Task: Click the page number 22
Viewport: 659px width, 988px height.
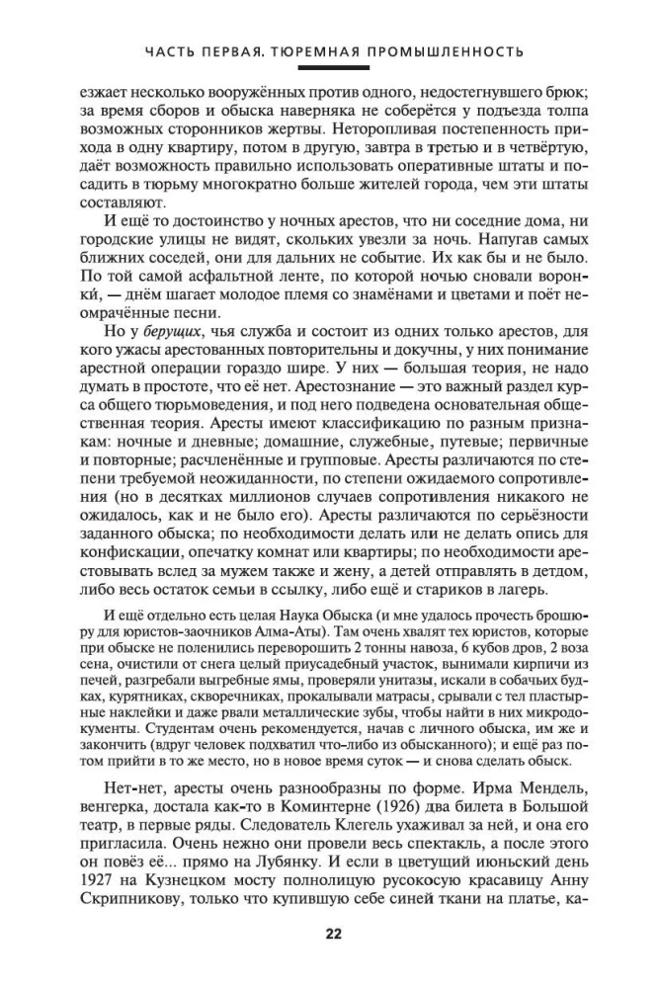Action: [x=329, y=931]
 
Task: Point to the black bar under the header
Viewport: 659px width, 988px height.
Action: [x=329, y=68]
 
